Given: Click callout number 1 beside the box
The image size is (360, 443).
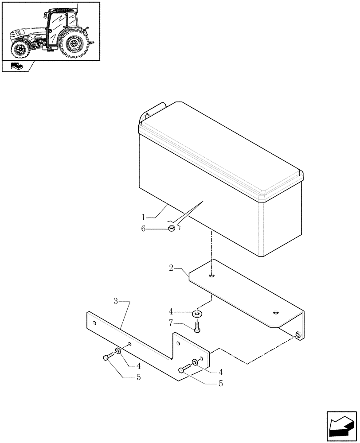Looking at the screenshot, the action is [x=144, y=218].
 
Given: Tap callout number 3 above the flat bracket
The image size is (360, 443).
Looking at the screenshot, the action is [x=116, y=302].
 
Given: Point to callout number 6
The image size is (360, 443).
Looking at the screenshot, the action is [x=143, y=229].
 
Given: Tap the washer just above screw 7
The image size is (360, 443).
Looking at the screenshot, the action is [x=197, y=314].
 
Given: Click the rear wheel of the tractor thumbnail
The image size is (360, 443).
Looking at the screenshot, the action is [x=75, y=43].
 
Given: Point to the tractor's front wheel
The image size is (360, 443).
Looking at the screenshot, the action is [x=20, y=50].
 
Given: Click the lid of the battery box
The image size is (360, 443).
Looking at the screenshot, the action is [x=222, y=151].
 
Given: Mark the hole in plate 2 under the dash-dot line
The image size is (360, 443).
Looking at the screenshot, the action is [x=212, y=276].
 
